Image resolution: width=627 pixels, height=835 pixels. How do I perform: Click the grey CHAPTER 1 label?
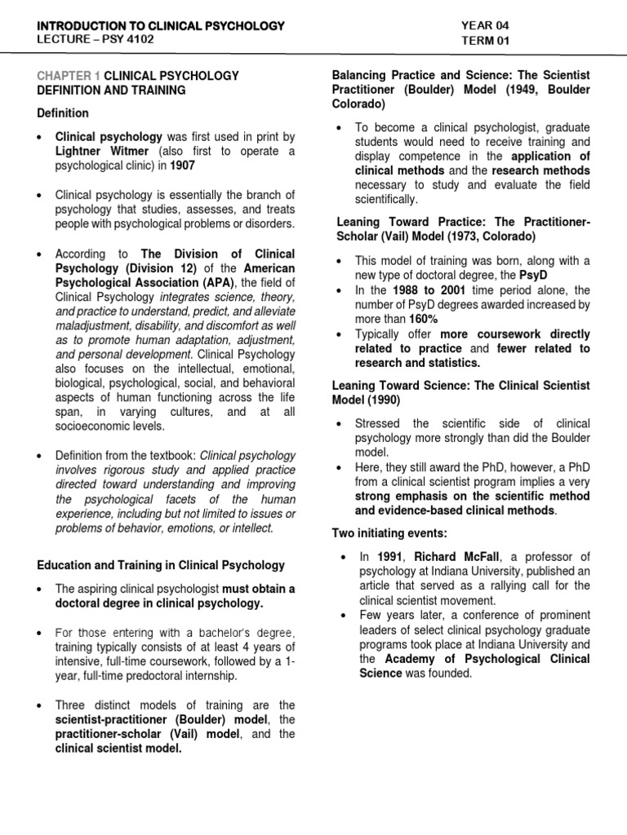[x=68, y=75]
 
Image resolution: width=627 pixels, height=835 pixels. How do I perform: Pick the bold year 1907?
[x=183, y=166]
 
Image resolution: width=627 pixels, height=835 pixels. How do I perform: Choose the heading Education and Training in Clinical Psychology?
[x=160, y=565]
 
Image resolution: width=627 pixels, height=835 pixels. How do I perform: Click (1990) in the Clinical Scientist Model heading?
[x=388, y=400]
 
